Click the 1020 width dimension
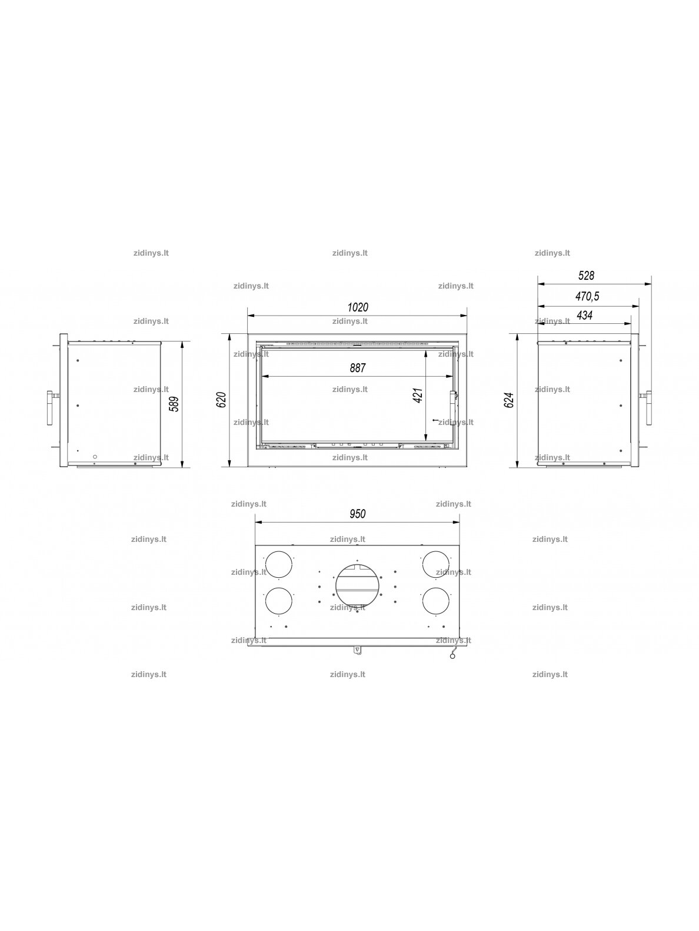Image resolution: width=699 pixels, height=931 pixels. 357,307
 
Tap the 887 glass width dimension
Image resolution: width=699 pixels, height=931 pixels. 357,368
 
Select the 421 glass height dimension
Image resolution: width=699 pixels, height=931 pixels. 418,396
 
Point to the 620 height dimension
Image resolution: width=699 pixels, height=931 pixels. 222,400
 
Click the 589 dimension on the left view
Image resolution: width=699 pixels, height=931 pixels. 174,404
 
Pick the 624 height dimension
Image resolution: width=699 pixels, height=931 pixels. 509,400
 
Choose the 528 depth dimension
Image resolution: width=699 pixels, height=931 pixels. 586,276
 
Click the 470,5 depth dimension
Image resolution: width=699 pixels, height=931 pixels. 587,296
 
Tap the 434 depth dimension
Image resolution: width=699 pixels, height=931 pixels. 584,315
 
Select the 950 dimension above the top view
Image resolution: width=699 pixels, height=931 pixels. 357,514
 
